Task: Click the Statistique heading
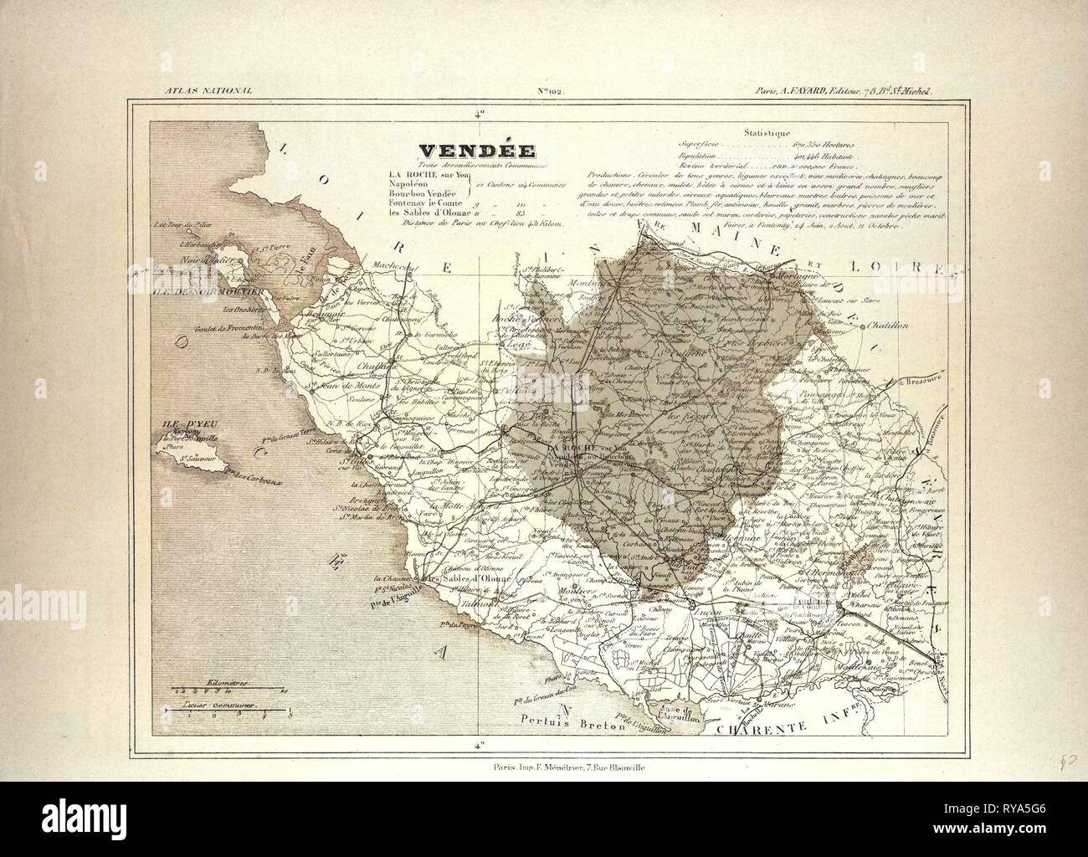click(x=767, y=132)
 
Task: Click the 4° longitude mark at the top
click(x=479, y=114)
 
